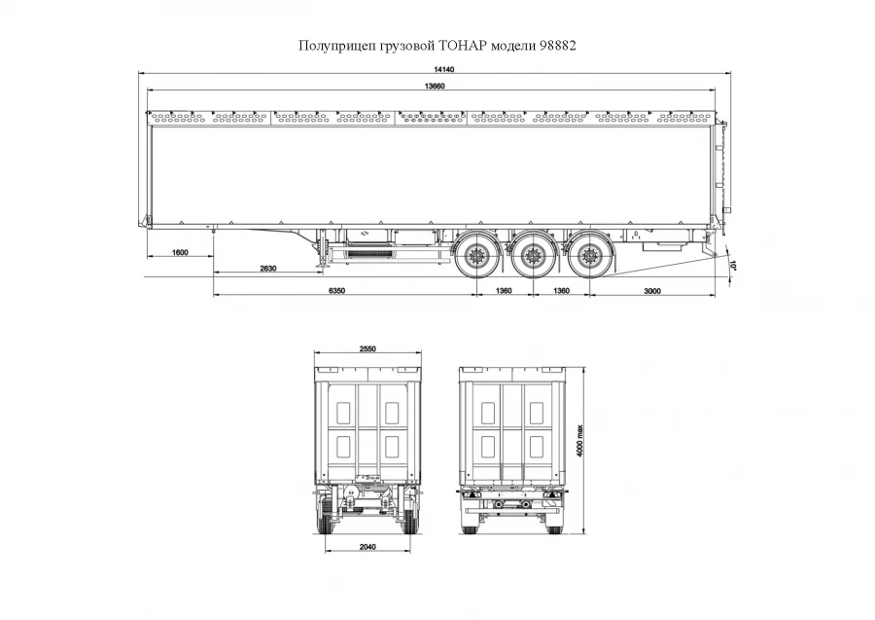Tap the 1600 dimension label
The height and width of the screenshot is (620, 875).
(x=179, y=252)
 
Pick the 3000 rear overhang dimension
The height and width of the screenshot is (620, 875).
(x=652, y=291)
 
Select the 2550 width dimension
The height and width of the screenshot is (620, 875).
(x=367, y=347)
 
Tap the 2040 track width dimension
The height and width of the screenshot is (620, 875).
(x=367, y=546)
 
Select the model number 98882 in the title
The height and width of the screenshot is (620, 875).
(x=556, y=46)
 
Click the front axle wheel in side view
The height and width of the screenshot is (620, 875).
(x=475, y=258)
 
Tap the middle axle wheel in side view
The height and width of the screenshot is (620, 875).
(x=531, y=258)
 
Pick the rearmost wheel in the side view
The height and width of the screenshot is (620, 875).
(x=586, y=258)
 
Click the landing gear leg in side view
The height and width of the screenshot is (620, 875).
(x=321, y=255)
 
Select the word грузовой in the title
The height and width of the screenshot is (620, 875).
(x=403, y=46)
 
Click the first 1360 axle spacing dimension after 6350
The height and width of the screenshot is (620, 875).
(x=504, y=291)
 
